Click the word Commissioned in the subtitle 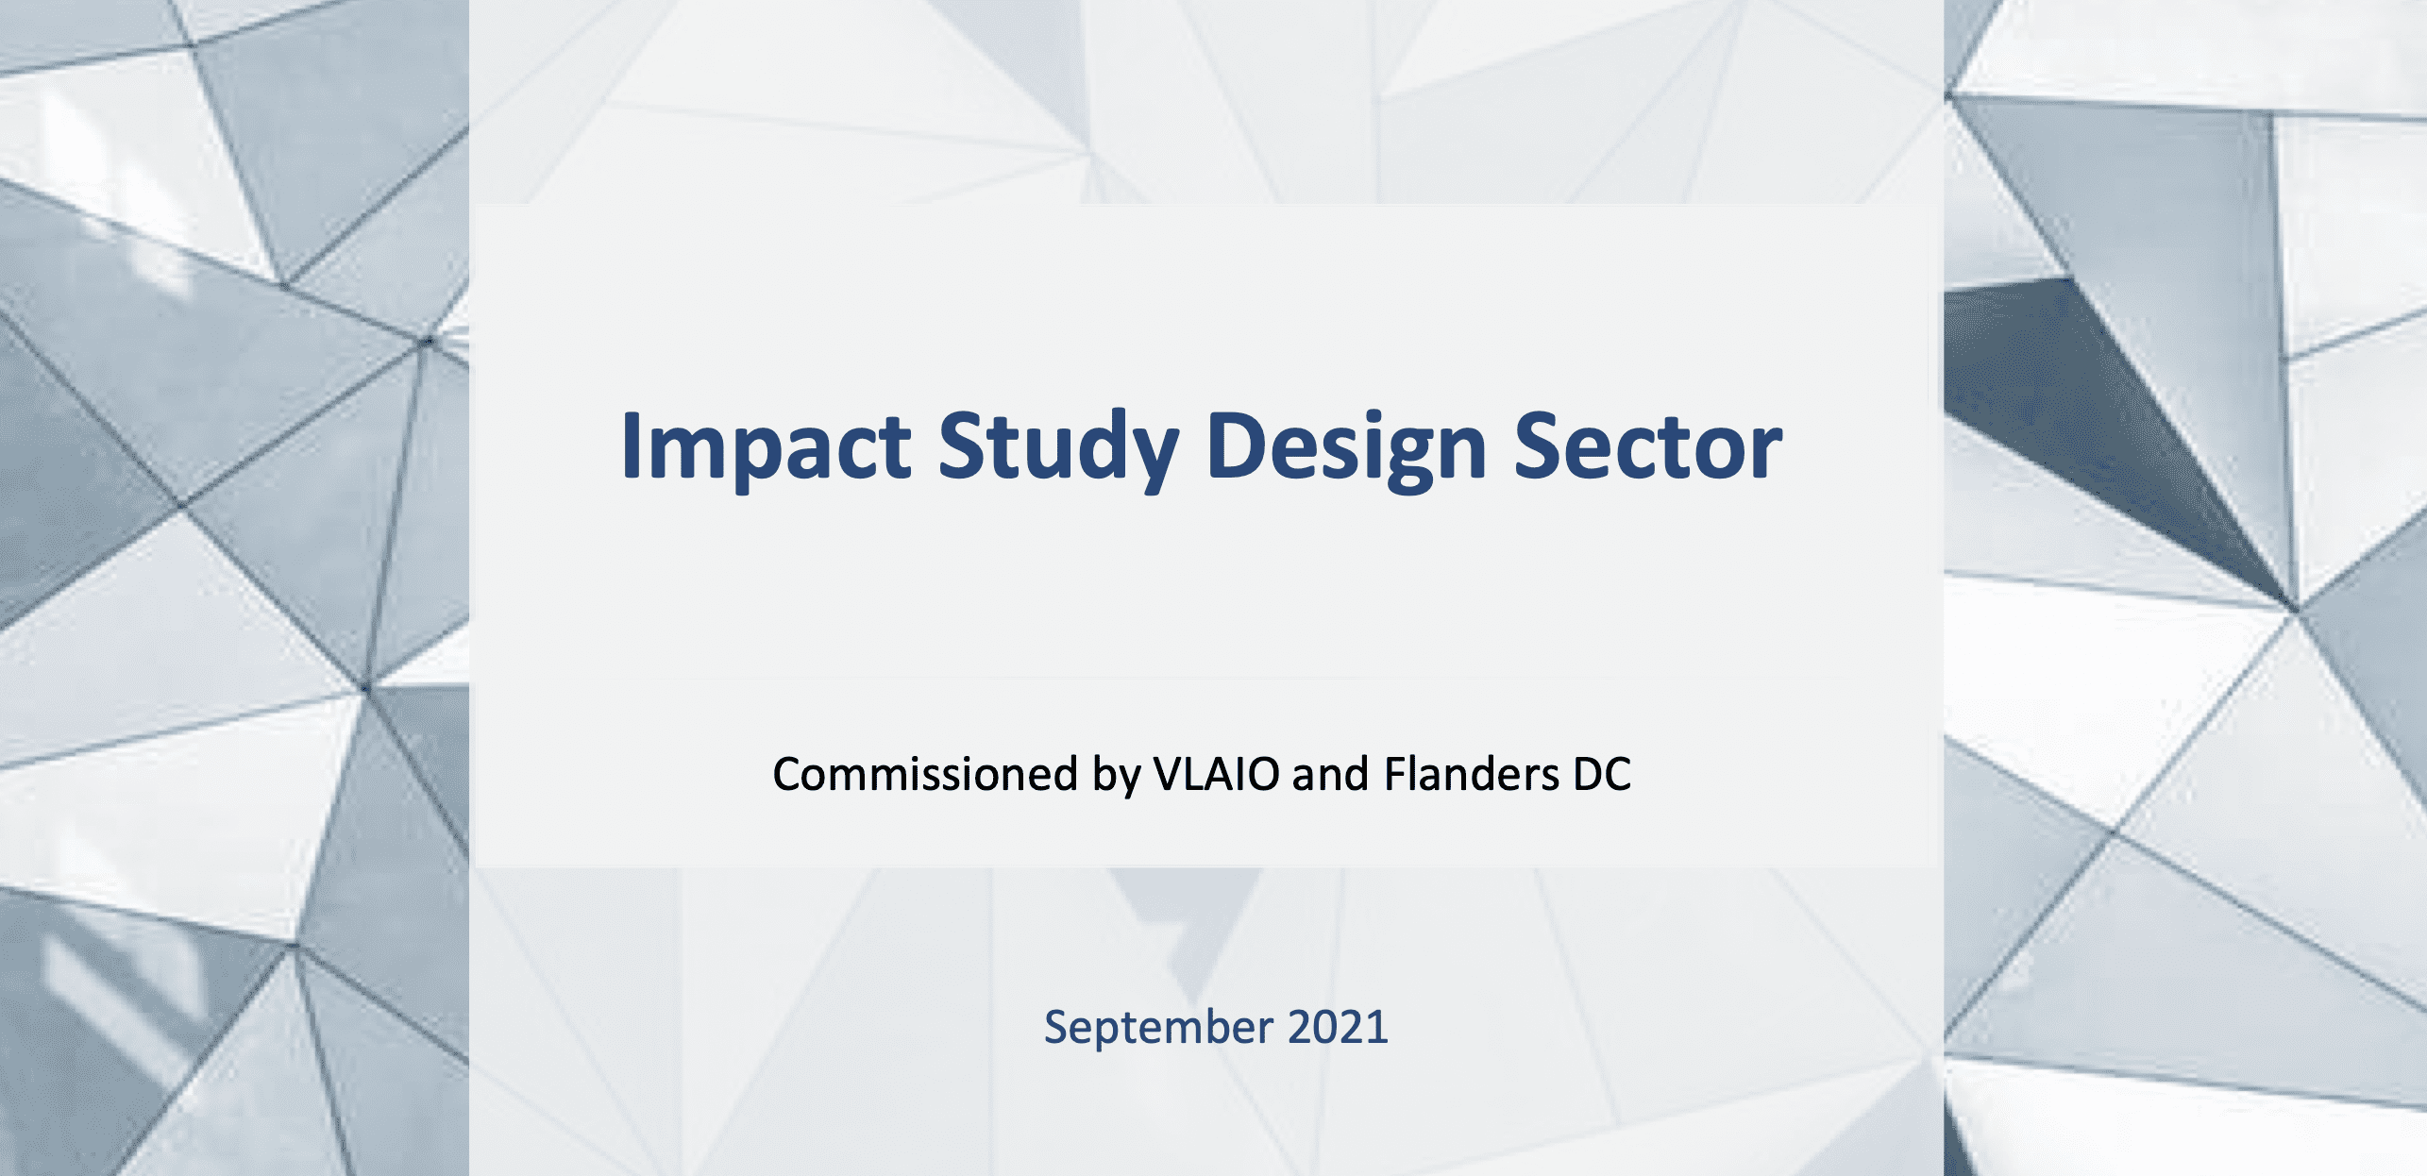tap(925, 774)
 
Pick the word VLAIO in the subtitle tap(1217, 774)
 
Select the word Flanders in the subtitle tap(1472, 774)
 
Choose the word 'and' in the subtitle tap(1330, 774)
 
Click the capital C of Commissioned tap(789, 774)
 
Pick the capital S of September tap(1057, 1027)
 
